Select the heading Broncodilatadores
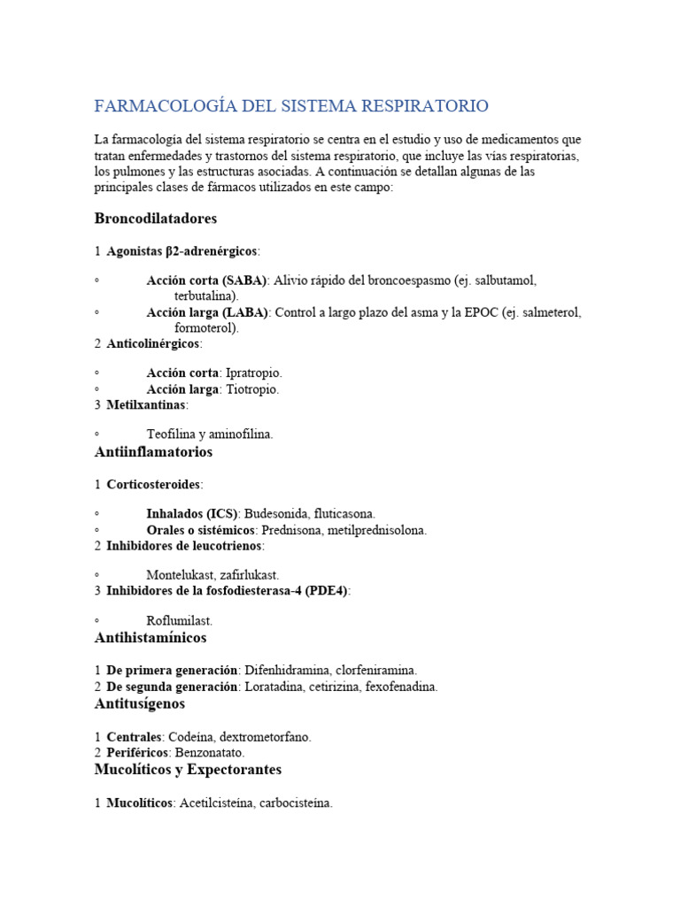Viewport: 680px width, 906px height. [155, 218]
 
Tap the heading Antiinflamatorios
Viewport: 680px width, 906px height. [153, 452]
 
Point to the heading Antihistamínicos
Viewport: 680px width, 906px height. [151, 638]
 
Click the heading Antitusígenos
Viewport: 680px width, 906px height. [139, 704]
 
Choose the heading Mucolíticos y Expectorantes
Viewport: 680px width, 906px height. [188, 770]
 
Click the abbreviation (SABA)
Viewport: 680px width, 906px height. [239, 280]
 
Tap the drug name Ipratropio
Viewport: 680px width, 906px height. [254, 372]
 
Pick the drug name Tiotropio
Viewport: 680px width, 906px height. [252, 389]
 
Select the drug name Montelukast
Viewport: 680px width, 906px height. [181, 575]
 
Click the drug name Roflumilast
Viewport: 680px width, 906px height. [180, 621]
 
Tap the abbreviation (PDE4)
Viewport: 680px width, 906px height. [322, 591]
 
